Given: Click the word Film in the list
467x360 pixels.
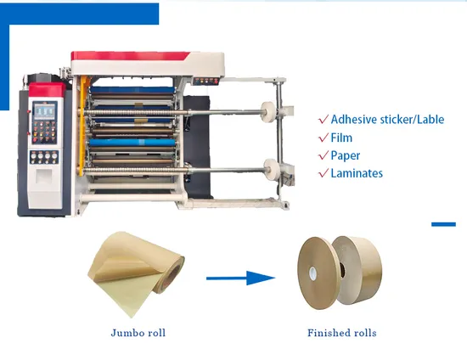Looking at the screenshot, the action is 341,138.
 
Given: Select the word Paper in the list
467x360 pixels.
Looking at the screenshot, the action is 346,155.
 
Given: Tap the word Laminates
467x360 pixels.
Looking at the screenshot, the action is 357,173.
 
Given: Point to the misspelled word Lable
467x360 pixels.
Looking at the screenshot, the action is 430,120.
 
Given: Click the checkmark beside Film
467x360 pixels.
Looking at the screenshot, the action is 324,138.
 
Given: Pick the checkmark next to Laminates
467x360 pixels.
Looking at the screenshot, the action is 324,173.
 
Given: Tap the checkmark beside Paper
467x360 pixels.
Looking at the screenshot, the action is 324,155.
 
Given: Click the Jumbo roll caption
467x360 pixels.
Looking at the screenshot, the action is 138,333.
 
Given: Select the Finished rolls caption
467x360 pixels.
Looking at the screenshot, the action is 342,333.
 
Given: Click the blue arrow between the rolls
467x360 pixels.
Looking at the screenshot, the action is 240,278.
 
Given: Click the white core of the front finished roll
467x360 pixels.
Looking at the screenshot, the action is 312,273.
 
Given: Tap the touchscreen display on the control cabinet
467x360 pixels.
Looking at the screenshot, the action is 44,111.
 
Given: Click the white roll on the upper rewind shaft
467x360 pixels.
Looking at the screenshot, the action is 267,112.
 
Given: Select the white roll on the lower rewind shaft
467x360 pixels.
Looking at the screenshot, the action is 271,170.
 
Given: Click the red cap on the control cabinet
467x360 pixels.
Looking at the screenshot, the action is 47,90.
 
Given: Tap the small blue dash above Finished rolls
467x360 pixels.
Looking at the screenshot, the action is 443,224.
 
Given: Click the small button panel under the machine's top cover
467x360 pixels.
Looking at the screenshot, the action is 205,81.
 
